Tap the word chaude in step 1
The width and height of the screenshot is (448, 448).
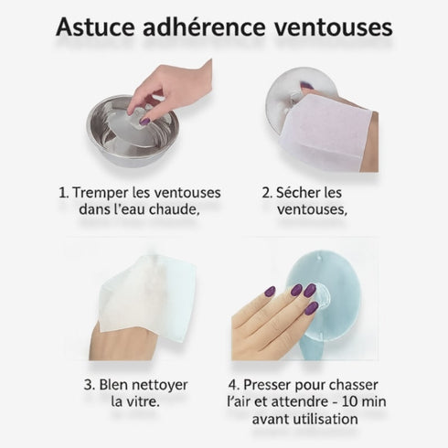click(x=171, y=210)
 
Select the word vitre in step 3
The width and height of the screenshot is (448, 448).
click(x=145, y=400)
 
